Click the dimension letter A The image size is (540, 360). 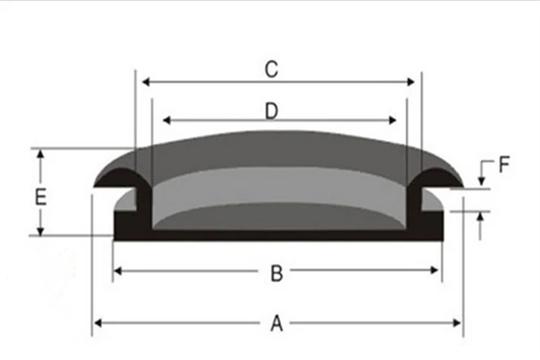tap(276, 323)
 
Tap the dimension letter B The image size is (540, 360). tap(276, 273)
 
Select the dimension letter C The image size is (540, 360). tap(271, 69)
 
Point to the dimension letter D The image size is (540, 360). tap(271, 112)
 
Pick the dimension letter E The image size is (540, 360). tap(40, 197)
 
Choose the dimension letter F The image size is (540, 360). tap(504, 165)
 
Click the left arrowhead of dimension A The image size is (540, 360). tap(98, 323)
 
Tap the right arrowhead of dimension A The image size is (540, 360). tap(457, 323)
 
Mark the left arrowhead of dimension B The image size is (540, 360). tap(118, 271)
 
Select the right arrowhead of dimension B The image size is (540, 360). tap(435, 271)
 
